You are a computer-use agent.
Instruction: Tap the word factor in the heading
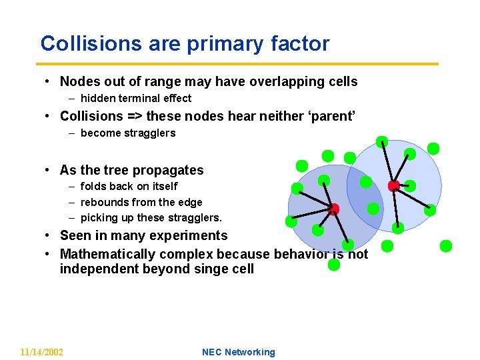click(x=300, y=44)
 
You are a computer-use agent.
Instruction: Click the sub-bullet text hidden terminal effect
click(x=135, y=99)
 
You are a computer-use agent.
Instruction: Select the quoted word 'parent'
click(x=329, y=116)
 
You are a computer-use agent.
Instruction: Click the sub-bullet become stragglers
click(x=128, y=133)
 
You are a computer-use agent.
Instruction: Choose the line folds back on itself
click(x=129, y=187)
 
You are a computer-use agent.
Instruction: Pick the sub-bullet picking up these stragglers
click(x=151, y=218)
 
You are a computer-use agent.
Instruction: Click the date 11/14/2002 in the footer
click(x=42, y=352)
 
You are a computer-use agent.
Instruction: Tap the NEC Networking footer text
click(x=238, y=352)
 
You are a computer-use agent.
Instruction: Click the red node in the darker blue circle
click(x=334, y=209)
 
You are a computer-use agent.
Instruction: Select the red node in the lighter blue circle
click(x=394, y=185)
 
